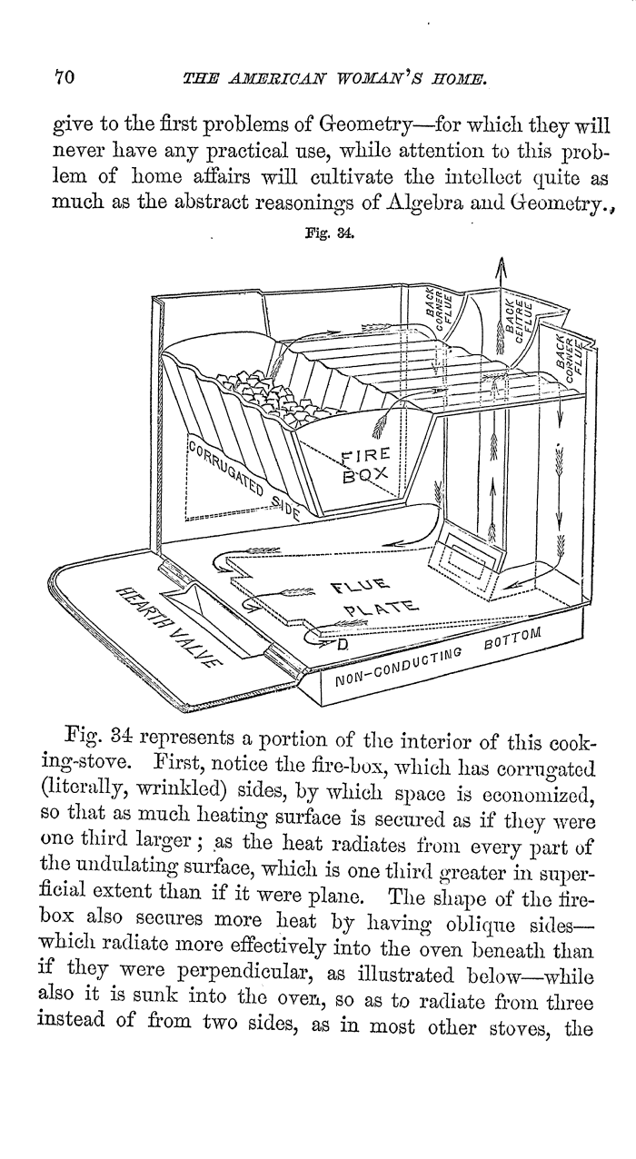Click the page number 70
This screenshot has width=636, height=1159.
[x=65, y=77]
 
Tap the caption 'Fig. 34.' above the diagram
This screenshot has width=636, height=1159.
[x=329, y=233]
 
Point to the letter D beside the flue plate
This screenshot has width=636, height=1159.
[x=343, y=645]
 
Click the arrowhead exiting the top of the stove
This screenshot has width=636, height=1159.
[x=501, y=268]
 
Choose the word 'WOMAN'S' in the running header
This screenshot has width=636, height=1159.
[x=378, y=79]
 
